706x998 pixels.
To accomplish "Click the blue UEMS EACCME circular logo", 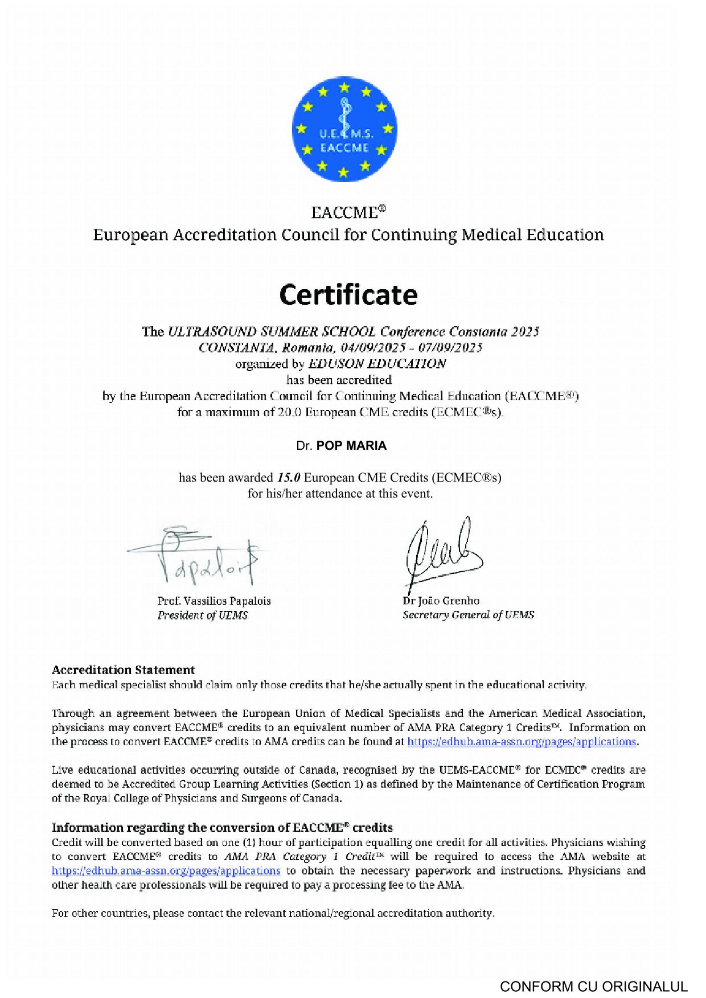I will click(x=344, y=130).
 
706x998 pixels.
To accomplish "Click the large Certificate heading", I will click(x=348, y=295).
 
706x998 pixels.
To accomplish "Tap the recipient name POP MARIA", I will click(x=351, y=446).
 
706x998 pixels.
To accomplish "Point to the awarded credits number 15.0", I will click(x=289, y=477).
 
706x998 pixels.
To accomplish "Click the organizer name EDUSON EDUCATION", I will click(x=377, y=364).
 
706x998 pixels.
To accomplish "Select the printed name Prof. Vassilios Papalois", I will click(x=214, y=601).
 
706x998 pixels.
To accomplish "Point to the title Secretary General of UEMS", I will click(x=468, y=615).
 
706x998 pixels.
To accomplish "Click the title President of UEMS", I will click(x=203, y=615).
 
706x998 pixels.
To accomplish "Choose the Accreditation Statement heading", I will click(x=123, y=670).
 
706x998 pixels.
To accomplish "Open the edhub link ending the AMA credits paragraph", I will click(x=522, y=741).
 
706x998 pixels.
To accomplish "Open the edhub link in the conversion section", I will click(x=166, y=870).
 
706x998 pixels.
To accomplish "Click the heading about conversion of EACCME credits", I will click(x=222, y=827).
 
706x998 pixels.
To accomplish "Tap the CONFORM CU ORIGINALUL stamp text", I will click(x=594, y=987).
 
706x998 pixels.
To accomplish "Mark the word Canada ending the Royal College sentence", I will click(x=323, y=798).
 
